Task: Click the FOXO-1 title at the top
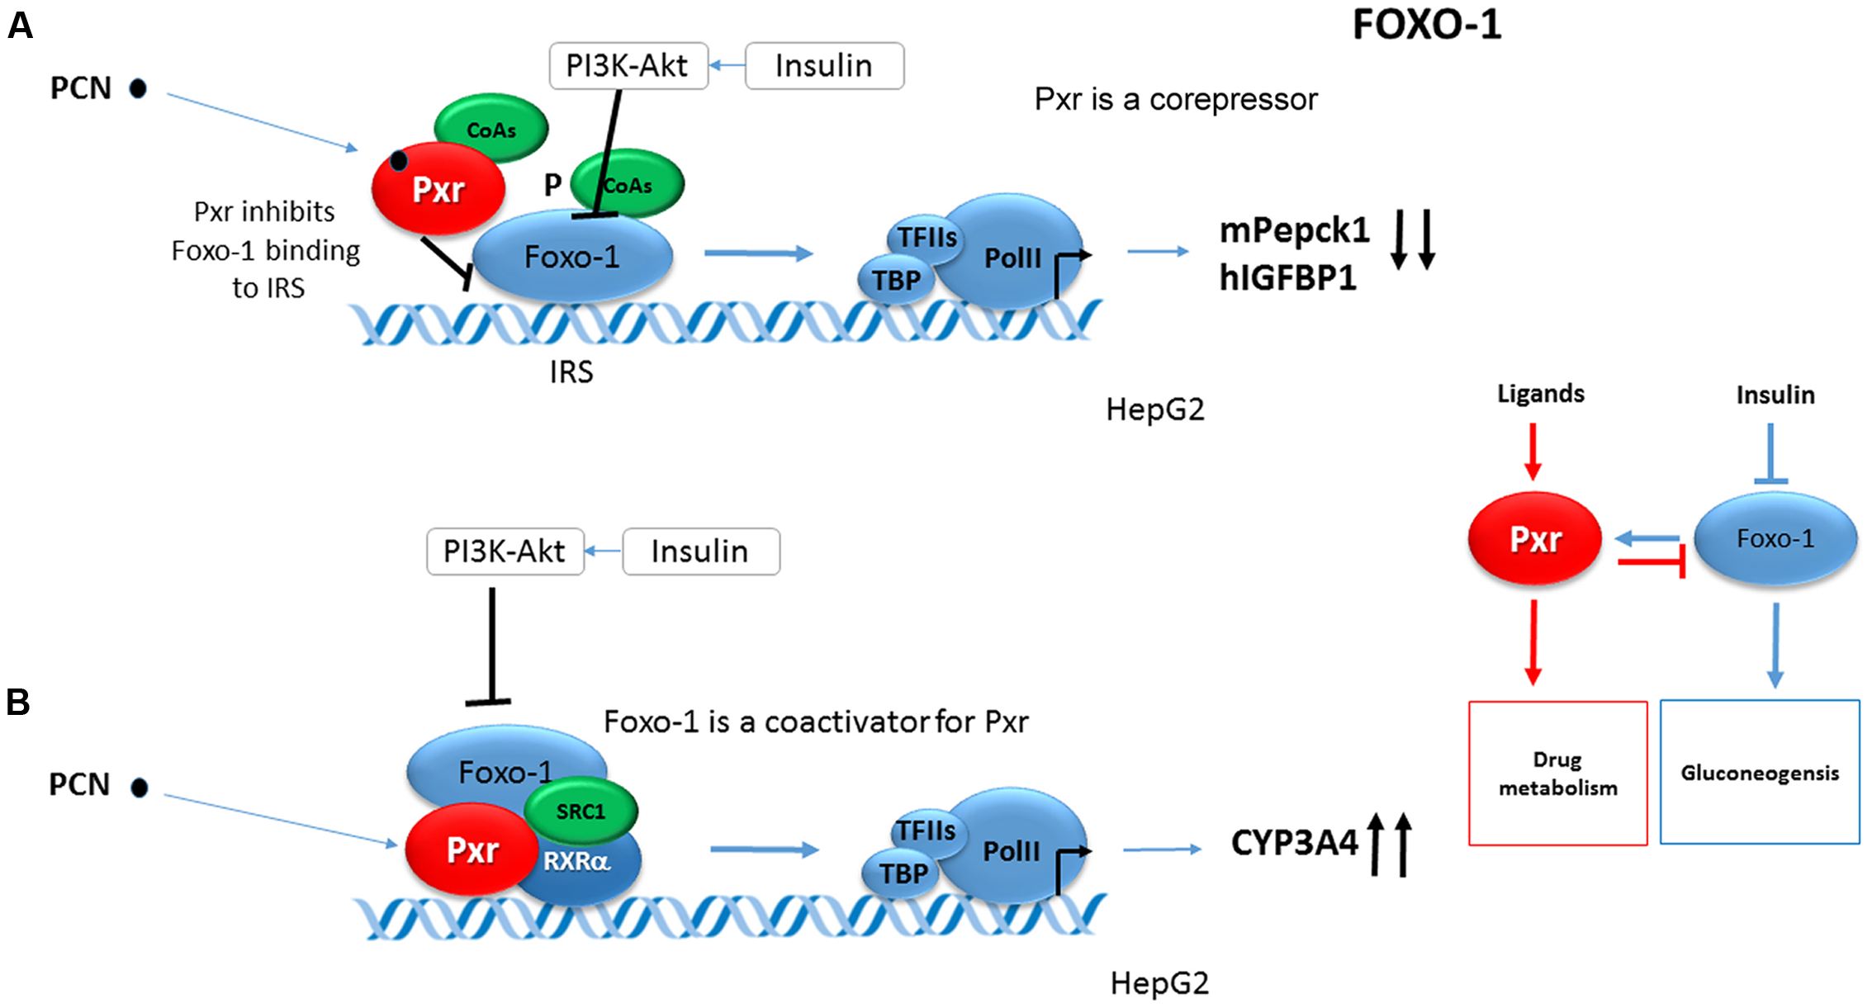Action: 1426,25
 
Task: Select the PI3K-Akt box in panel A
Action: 628,66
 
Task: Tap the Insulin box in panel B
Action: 700,551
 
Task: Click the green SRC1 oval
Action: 581,811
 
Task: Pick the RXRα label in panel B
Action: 576,862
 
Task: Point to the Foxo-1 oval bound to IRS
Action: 572,257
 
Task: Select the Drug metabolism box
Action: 1557,774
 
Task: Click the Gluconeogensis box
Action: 1760,773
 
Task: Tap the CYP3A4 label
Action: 1294,843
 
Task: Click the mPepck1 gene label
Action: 1294,230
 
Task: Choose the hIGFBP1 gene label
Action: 1287,278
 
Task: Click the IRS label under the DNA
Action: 571,372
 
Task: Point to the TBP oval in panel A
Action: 896,281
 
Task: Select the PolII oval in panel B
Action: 1012,851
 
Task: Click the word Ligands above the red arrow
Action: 1540,394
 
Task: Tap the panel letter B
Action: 18,703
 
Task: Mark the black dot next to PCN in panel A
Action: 139,88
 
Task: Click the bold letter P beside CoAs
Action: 552,185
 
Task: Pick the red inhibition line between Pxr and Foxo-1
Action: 1651,563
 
